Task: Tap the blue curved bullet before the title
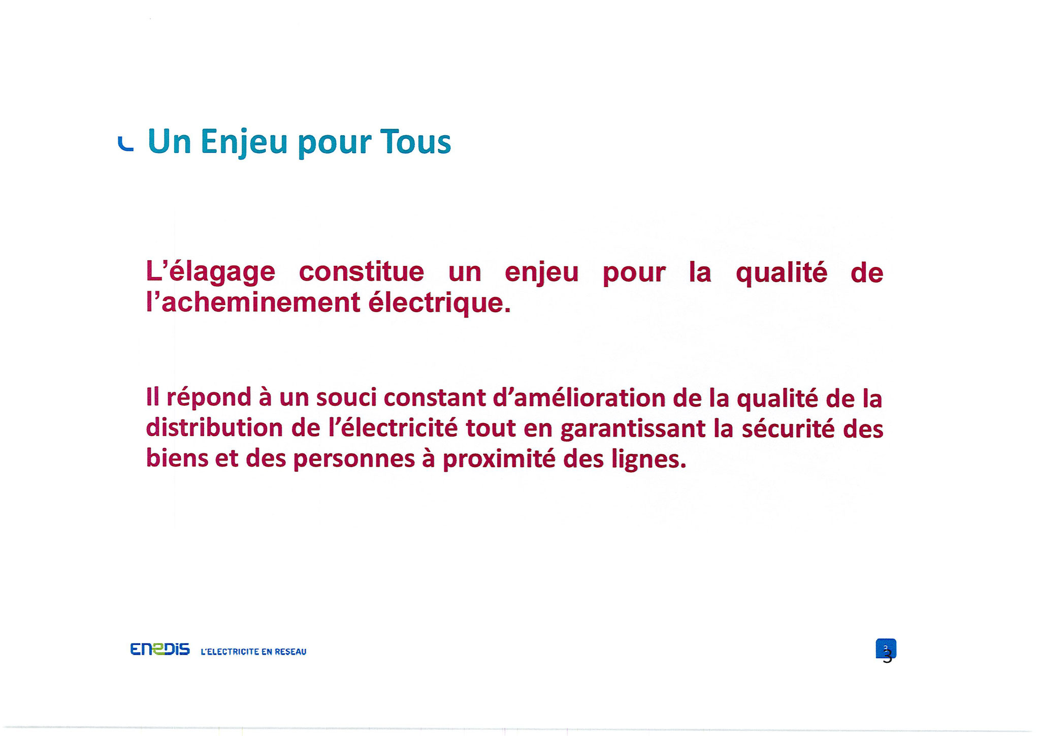click(x=125, y=145)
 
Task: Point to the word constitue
click(x=362, y=271)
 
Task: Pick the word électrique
click(x=439, y=303)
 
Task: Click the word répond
click(x=209, y=398)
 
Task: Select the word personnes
click(x=354, y=460)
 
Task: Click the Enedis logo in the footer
click(x=160, y=650)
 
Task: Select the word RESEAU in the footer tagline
click(x=290, y=652)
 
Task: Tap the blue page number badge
click(x=886, y=648)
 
